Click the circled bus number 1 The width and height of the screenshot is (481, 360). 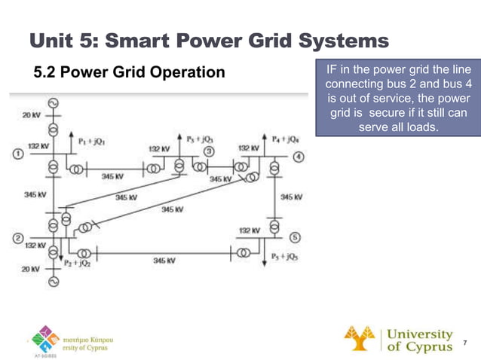tap(17, 154)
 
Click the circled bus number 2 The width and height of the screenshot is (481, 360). tap(17, 239)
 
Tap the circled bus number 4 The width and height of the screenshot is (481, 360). tap(299, 157)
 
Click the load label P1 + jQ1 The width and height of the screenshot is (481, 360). tap(90, 141)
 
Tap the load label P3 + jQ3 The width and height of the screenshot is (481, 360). tap(200, 139)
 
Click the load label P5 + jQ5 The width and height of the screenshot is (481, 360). tap(285, 256)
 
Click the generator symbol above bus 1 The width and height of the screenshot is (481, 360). tap(53, 103)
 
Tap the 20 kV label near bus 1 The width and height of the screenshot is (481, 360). tap(31, 115)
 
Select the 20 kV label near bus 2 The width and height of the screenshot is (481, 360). tap(29, 269)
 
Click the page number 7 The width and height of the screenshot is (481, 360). tap(465, 343)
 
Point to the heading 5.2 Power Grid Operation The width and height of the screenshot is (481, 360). tap(130, 73)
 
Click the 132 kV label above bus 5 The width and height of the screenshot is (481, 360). tap(250, 230)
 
